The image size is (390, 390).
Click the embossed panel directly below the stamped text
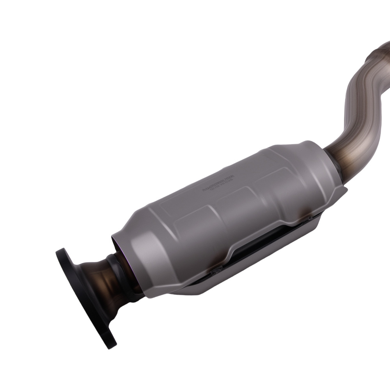(234, 211)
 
